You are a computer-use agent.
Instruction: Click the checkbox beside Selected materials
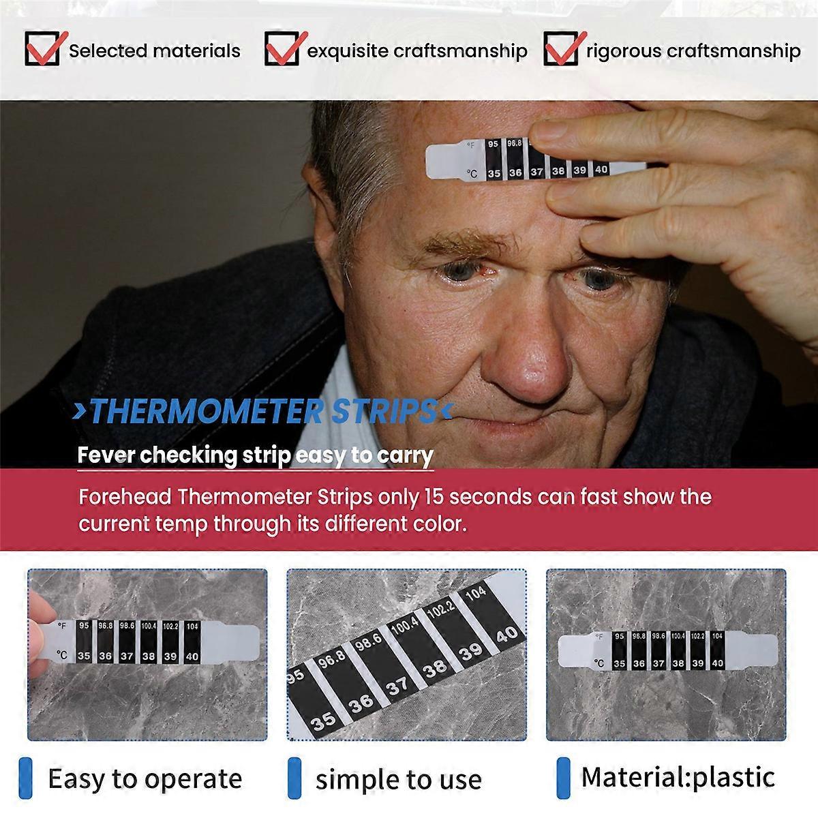click(x=42, y=49)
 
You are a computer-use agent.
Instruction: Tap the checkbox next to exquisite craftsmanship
click(x=281, y=49)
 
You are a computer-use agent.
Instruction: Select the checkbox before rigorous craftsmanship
click(x=560, y=49)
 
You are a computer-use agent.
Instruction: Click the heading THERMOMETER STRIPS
click(x=262, y=412)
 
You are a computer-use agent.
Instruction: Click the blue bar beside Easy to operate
click(x=26, y=778)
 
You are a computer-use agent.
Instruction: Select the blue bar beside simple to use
click(x=294, y=778)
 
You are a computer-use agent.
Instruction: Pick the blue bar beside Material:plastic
click(x=563, y=778)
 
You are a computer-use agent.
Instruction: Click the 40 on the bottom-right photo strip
click(x=717, y=663)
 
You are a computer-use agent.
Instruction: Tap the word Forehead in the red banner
click(x=125, y=496)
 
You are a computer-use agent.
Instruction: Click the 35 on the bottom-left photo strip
click(x=84, y=656)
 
